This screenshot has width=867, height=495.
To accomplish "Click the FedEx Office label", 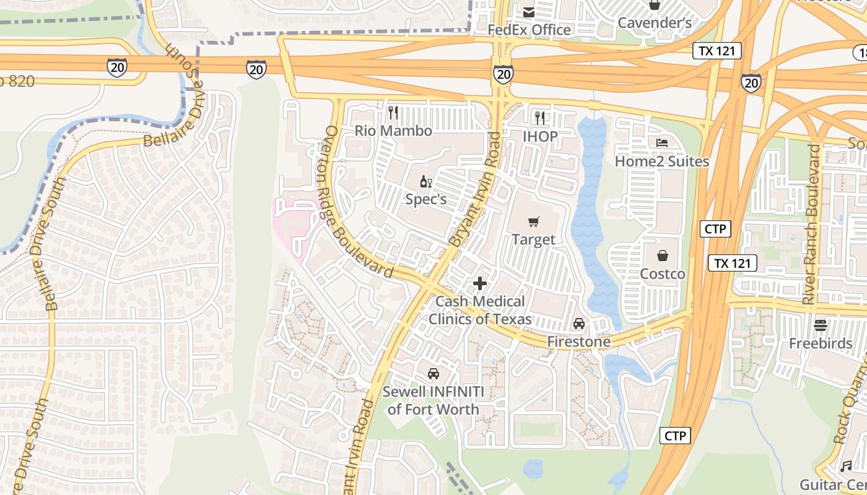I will click(529, 30).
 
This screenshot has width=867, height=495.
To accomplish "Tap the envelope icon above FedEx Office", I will click(529, 12).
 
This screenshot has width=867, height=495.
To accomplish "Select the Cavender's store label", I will click(655, 23).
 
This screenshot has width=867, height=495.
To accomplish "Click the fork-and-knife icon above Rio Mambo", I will click(393, 113).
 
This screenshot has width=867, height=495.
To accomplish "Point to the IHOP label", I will click(540, 136).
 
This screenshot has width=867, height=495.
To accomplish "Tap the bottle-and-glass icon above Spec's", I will click(426, 182).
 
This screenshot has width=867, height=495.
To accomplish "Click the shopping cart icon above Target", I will click(533, 222).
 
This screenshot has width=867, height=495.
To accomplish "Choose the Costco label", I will click(662, 274).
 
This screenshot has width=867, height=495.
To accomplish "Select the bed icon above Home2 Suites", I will click(661, 143).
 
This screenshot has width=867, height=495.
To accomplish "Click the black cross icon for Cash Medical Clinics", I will click(480, 284).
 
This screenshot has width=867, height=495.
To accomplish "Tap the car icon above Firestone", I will click(578, 324).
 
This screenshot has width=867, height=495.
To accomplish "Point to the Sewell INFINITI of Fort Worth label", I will click(433, 400).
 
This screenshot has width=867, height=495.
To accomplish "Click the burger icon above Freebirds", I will click(821, 325).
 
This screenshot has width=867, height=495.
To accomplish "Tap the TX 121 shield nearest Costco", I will click(733, 263).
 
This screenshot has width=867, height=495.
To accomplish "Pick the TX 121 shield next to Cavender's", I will click(717, 51).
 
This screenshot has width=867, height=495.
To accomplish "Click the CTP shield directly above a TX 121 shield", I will click(716, 229).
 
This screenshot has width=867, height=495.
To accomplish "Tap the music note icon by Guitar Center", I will click(846, 466).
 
